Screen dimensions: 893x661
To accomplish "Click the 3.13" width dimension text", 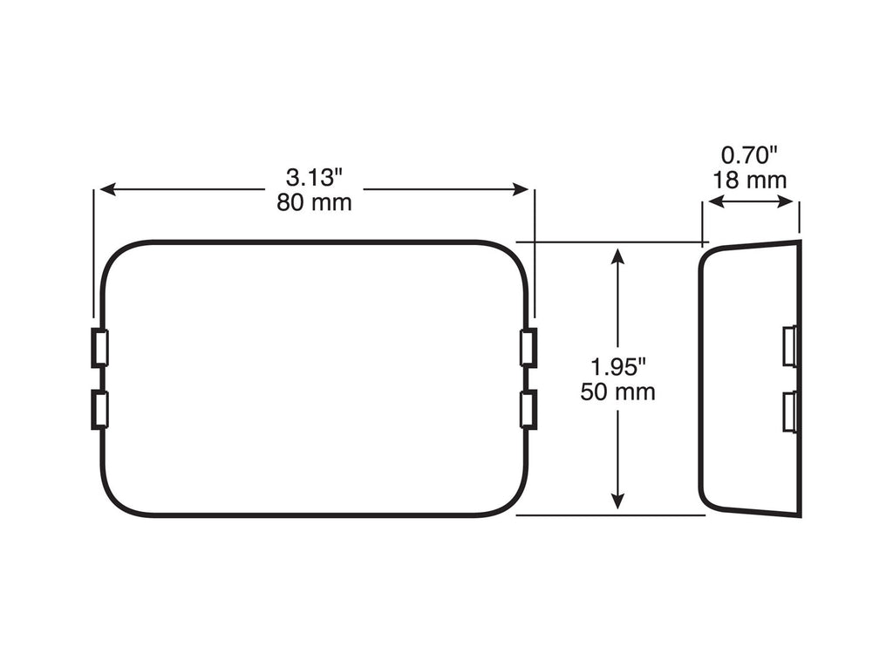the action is pyautogui.click(x=314, y=178).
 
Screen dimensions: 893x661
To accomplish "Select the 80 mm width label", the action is pyautogui.click(x=314, y=202).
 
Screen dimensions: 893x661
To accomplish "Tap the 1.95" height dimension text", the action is pyautogui.click(x=618, y=366).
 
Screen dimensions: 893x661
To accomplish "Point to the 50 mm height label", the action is pyautogui.click(x=618, y=392).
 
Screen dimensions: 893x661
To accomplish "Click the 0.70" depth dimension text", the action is pyautogui.click(x=749, y=155).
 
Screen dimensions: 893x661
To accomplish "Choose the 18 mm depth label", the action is pyautogui.click(x=749, y=180).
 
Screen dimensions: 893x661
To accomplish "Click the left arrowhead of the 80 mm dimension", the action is pyautogui.click(x=108, y=189).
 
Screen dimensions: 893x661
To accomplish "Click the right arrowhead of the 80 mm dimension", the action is pyautogui.click(x=521, y=189).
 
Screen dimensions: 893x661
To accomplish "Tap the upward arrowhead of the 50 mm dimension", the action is pyautogui.click(x=617, y=256).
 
